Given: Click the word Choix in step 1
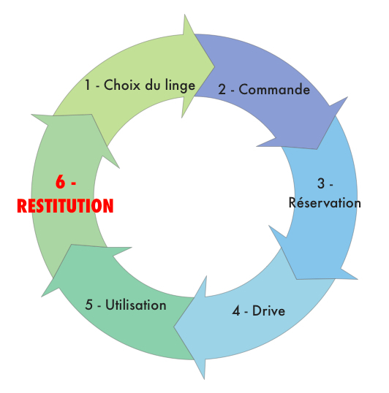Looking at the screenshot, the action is [122, 85].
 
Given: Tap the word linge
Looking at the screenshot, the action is [180, 86].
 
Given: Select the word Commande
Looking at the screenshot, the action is [274, 89].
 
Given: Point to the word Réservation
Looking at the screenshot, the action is [325, 202].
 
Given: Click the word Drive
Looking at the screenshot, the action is [268, 310].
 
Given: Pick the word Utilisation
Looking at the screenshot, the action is [136, 305].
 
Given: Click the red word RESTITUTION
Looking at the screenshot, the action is [65, 206].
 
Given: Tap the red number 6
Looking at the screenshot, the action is [60, 181].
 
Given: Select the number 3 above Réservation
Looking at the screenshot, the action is [321, 183].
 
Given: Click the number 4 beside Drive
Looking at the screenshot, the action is [236, 311].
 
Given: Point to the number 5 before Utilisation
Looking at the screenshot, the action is [88, 305].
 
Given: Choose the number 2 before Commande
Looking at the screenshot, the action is [222, 89].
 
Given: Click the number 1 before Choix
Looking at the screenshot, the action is [87, 85].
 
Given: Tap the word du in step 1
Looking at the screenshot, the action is [153, 85].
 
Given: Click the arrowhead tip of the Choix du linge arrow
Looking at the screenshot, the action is [214, 66].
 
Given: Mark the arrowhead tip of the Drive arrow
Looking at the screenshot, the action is [174, 327].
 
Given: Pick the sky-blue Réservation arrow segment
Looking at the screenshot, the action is [326, 226].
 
